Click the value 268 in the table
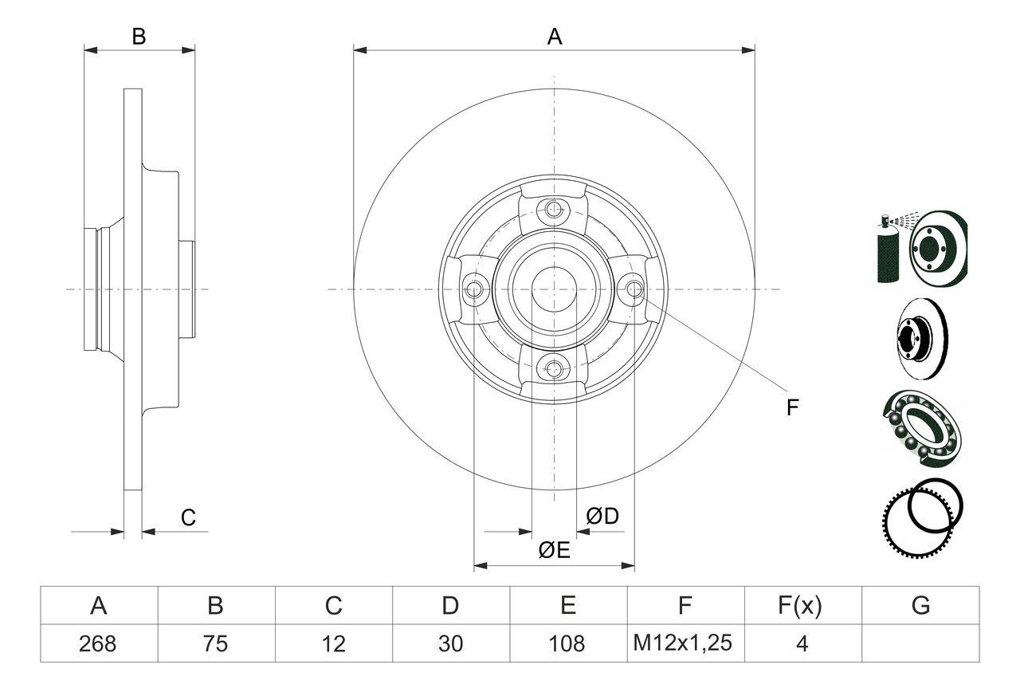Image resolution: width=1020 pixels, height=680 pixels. click(99, 643)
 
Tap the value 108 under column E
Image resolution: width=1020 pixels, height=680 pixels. click(567, 643)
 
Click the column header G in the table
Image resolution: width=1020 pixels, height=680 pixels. click(920, 606)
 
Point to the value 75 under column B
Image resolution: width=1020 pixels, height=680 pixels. click(216, 643)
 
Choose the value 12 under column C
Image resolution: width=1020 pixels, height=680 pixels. click(333, 643)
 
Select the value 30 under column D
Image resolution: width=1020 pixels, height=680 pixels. click(450, 643)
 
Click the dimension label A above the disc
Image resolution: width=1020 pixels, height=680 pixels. click(554, 37)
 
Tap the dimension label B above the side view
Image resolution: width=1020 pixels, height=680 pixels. click(139, 37)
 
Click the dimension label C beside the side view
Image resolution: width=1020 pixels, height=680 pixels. click(188, 517)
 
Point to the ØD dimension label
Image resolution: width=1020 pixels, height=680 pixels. click(602, 517)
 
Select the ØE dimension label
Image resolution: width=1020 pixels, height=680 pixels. click(554, 551)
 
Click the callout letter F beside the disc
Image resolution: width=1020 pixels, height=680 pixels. click(792, 407)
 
